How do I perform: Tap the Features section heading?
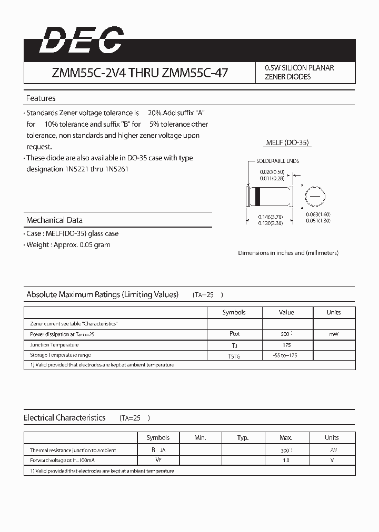[x=41, y=98]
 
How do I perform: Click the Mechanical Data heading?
[x=54, y=220]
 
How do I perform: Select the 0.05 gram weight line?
[x=68, y=245]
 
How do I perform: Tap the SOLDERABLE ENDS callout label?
[x=277, y=161]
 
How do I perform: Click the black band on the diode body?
[x=258, y=196]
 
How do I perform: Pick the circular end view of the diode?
[x=314, y=196]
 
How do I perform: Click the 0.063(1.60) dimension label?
[x=318, y=214]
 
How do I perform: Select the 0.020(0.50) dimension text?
[x=272, y=172]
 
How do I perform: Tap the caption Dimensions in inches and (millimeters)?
[x=288, y=253]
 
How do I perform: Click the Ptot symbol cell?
[x=234, y=334]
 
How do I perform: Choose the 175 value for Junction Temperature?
[x=286, y=345]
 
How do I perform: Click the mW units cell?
[x=333, y=334]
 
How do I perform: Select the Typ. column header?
[x=243, y=437]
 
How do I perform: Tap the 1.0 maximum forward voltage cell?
[x=286, y=461]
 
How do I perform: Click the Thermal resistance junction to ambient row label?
[x=73, y=451]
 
